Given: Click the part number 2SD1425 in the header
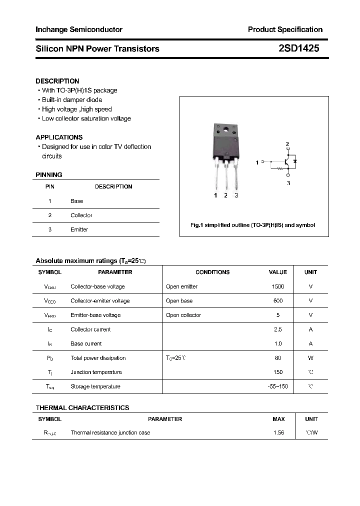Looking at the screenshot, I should tap(298, 48).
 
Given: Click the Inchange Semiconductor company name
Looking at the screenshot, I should tap(78, 29).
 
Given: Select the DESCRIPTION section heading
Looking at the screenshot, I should tap(57, 81).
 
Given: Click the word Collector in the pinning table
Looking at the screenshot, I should tap(81, 215).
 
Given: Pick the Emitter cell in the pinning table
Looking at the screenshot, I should tap(79, 229).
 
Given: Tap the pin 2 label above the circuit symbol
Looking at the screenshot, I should tap(287, 144).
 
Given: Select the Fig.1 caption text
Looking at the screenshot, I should tap(253, 225).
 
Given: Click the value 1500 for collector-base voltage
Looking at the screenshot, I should tap(278, 286).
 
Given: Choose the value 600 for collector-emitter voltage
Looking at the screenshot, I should tap(278, 301).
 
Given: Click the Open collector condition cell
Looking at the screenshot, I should tap(183, 315).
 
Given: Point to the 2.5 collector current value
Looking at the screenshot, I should tap(278, 329).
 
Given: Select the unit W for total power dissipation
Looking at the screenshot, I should tap(310, 358).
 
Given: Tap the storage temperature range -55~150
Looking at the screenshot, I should tap(278, 386).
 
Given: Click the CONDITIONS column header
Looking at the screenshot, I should tap(212, 272).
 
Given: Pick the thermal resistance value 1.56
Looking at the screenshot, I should tap(278, 432).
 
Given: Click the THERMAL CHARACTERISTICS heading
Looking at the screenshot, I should tap(82, 408).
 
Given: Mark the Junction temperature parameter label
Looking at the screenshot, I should tap(96, 372).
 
